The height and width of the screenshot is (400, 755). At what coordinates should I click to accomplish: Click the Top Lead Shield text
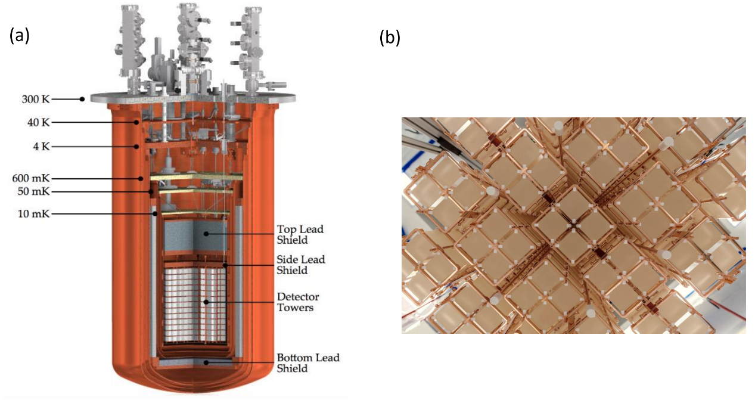pyautogui.click(x=300, y=234)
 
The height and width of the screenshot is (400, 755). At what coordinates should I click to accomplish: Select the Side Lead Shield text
pyautogui.click(x=301, y=265)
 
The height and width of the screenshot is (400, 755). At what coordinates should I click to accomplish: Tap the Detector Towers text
pyautogui.click(x=298, y=302)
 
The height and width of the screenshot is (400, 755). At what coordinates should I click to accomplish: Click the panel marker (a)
pyautogui.click(x=19, y=36)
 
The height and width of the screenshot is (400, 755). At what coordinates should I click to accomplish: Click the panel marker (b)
pyautogui.click(x=390, y=38)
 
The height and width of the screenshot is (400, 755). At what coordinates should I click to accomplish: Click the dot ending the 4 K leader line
pyautogui.click(x=137, y=146)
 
